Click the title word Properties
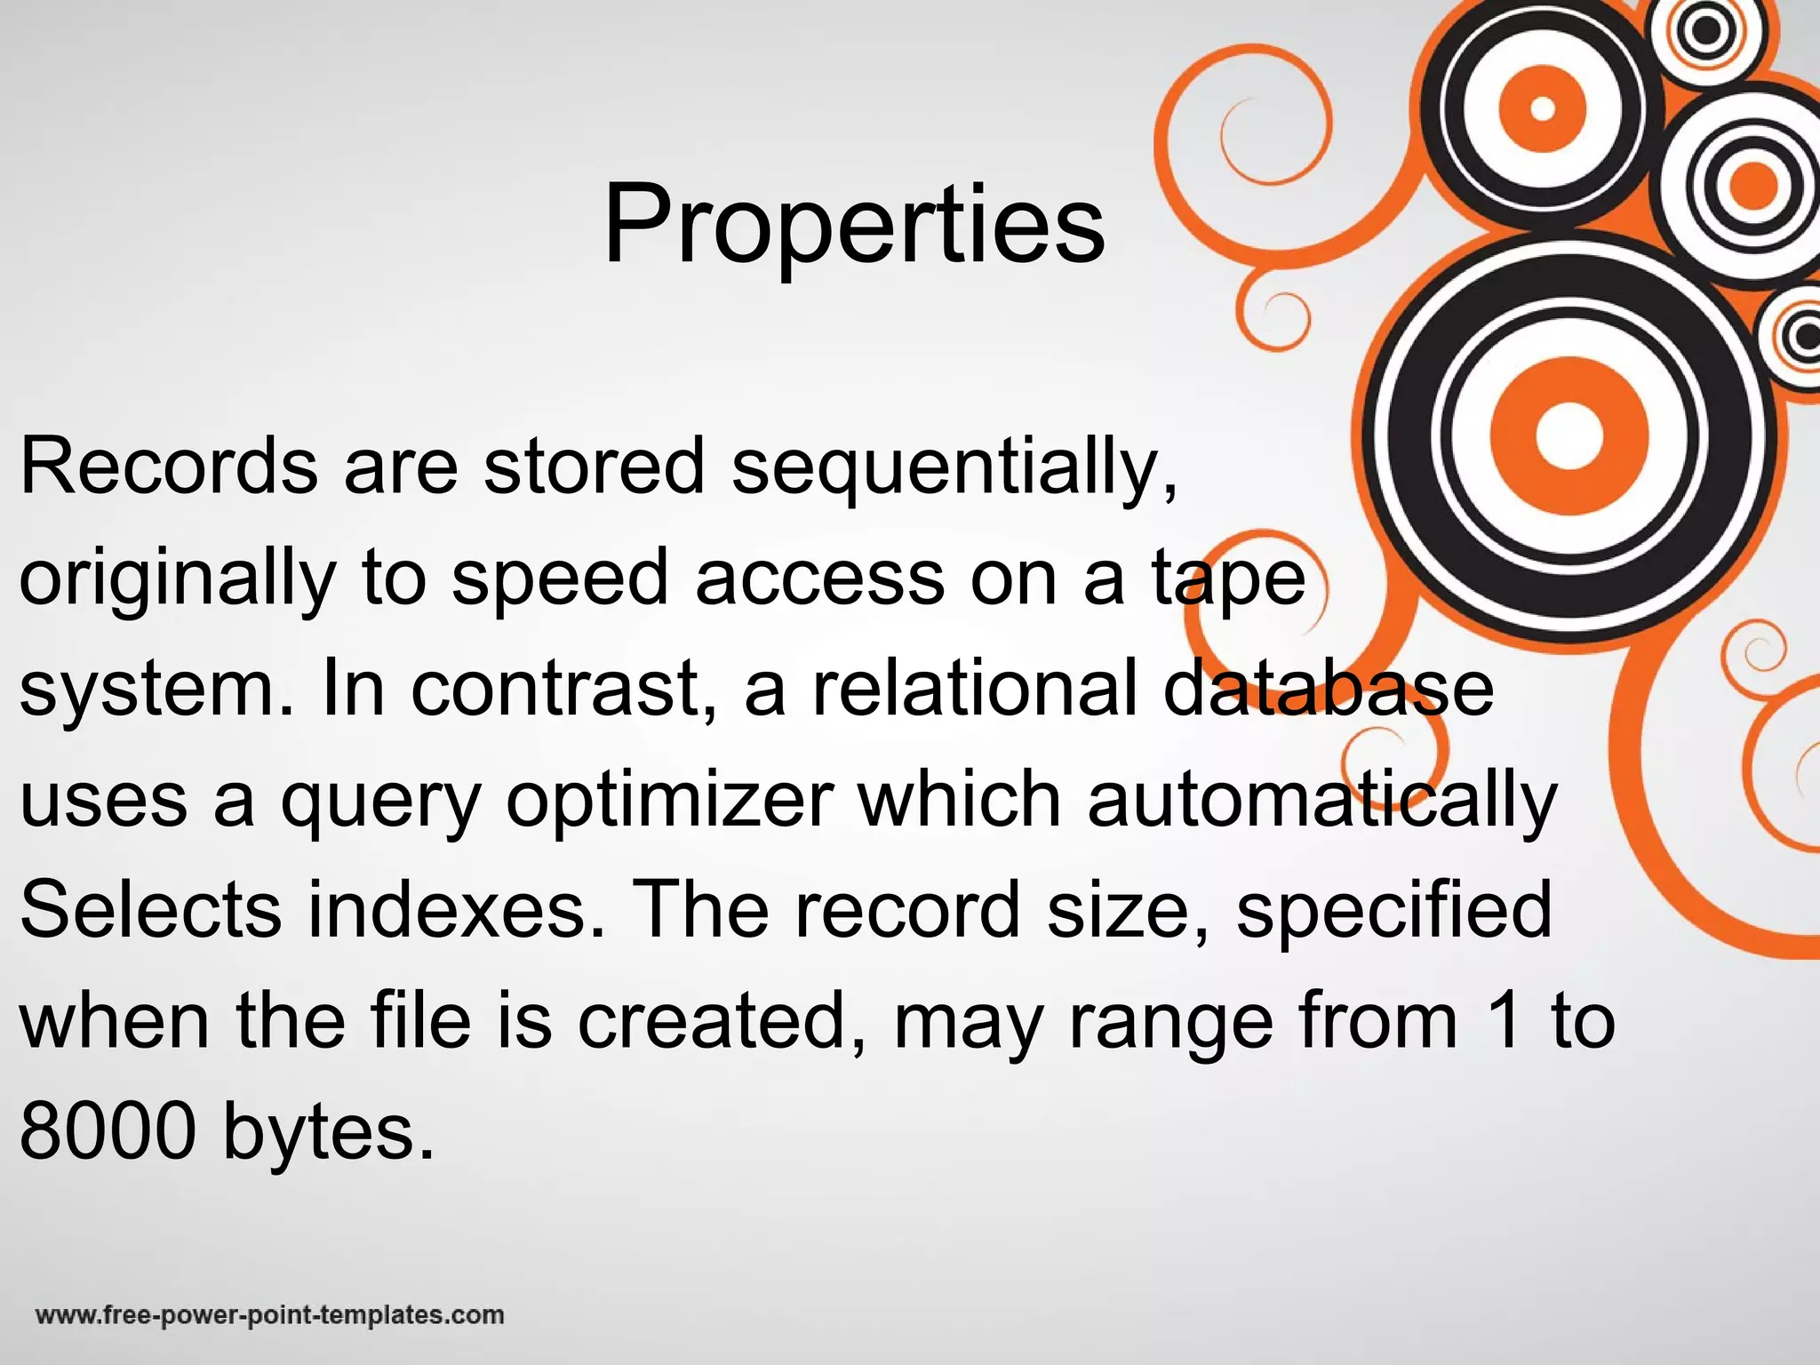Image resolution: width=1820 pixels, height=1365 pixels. coord(853,224)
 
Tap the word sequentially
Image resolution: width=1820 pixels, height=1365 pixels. coord(954,469)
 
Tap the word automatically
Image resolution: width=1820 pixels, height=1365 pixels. coord(1321,802)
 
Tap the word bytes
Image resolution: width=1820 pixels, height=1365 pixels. coord(328,1136)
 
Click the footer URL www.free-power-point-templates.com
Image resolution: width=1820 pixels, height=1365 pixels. coord(269,1315)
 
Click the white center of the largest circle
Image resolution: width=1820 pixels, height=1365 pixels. coord(1568,435)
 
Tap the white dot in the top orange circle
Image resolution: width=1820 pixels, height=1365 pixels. coord(1543,109)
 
